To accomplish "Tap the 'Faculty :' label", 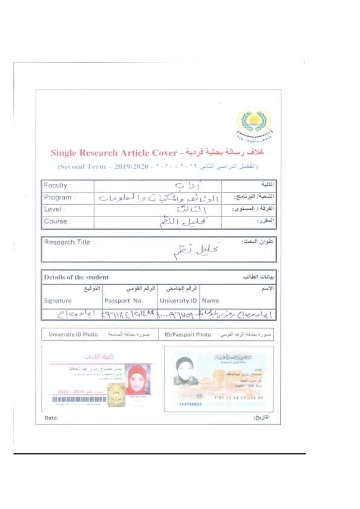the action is pyautogui.click(x=57, y=186).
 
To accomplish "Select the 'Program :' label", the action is pyautogui.click(x=59, y=198).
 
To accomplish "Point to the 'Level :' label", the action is pyautogui.click(x=54, y=209).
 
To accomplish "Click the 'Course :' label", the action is pyautogui.click(x=56, y=221).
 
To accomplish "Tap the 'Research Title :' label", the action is pyautogui.click(x=68, y=242).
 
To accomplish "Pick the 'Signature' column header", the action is pyautogui.click(x=58, y=300).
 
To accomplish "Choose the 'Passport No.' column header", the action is pyautogui.click(x=124, y=300).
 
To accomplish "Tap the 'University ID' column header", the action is pyautogui.click(x=178, y=300).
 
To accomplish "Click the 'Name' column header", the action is pyautogui.click(x=211, y=300).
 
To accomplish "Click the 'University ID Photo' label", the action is pyautogui.click(x=73, y=334).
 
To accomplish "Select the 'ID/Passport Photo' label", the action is pyautogui.click(x=187, y=334).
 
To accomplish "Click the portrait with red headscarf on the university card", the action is pyautogui.click(x=138, y=380).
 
